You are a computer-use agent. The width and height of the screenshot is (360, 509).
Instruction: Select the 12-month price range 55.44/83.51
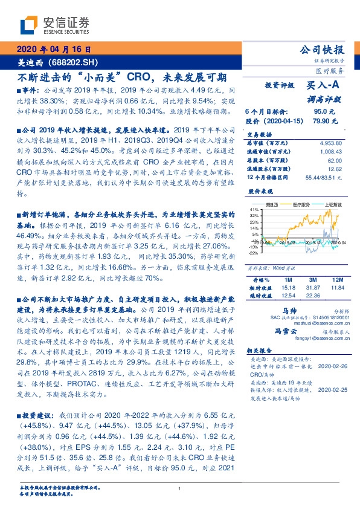(323, 177)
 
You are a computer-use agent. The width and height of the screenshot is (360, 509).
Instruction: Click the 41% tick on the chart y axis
(256, 209)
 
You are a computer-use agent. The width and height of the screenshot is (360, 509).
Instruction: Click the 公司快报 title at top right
(322, 50)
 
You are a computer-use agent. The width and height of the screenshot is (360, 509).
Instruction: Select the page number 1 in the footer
(180, 488)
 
